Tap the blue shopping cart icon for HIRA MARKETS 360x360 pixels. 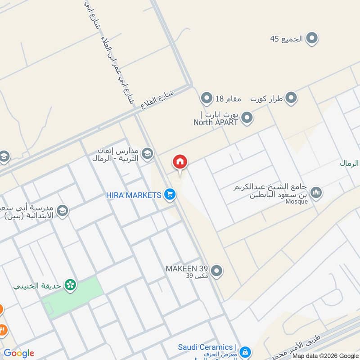tap(170, 194)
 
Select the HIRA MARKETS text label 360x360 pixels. tap(134, 195)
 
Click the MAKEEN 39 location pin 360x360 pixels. tap(217, 271)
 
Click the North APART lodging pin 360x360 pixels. tap(246, 118)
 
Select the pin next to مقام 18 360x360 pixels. tap(206, 98)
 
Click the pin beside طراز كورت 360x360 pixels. tap(292, 98)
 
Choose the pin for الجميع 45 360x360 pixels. tap(311, 39)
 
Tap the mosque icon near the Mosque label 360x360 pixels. tap(316, 193)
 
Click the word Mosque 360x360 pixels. tap(297, 202)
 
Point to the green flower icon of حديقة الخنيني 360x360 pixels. tap(70, 284)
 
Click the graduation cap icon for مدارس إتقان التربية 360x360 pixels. tap(147, 155)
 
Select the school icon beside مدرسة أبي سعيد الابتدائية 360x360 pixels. tap(62, 210)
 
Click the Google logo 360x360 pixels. tap(19, 353)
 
